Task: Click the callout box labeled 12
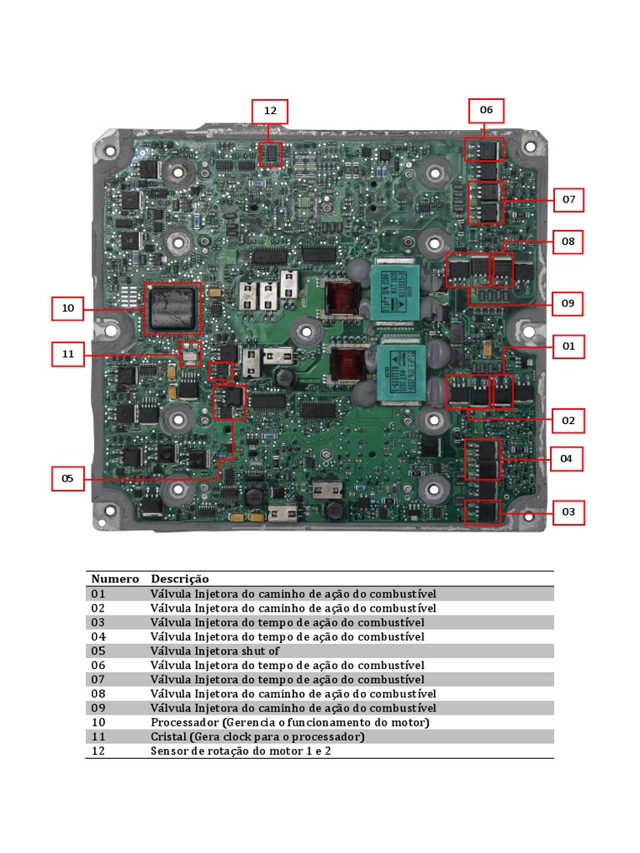tap(270, 112)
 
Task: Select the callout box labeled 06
tap(486, 111)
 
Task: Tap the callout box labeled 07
tap(568, 200)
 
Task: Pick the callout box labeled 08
tap(568, 242)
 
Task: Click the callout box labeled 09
tap(567, 303)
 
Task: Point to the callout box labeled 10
tap(68, 308)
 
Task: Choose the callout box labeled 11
tap(68, 354)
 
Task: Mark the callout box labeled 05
tap(68, 479)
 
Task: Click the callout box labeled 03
tap(568, 512)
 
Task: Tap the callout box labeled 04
tap(567, 459)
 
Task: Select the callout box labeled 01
tap(568, 346)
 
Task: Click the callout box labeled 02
tap(567, 421)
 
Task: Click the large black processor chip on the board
tap(173, 307)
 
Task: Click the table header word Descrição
tap(180, 579)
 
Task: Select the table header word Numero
tap(115, 579)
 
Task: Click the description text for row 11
tap(257, 737)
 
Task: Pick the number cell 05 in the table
tap(99, 651)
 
